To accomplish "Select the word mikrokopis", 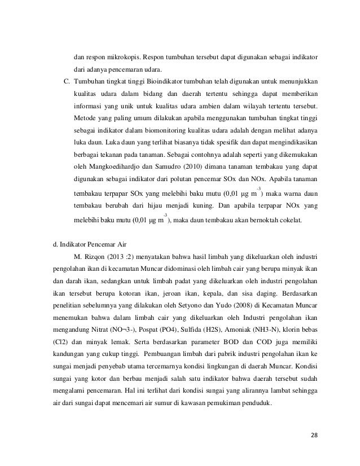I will click(124, 58).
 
